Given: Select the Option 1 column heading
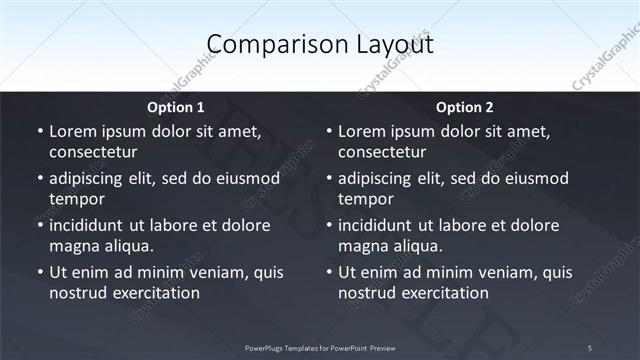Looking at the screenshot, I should [x=175, y=107].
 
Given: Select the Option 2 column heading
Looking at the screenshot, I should [x=465, y=107].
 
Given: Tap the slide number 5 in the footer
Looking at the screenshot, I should [x=590, y=347].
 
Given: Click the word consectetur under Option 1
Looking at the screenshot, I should [x=92, y=152].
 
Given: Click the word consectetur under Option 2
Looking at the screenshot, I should [x=382, y=152].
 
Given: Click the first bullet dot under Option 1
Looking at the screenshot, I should [x=39, y=132].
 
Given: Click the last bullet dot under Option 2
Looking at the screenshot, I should [x=329, y=272].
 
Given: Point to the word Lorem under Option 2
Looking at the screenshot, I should [x=363, y=131].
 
